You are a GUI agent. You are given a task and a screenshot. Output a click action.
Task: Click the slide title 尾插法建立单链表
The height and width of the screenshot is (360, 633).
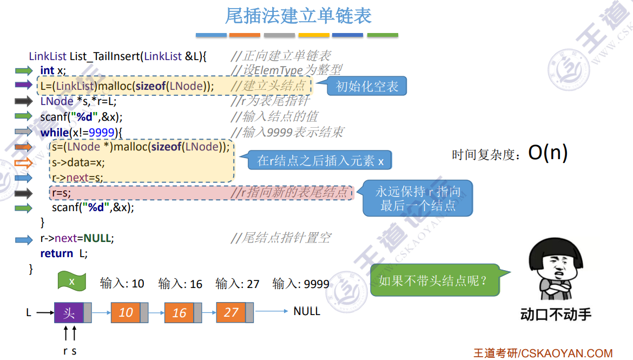(x=298, y=16)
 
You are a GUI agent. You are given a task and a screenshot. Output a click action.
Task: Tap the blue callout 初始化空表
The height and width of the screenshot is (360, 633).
(x=366, y=86)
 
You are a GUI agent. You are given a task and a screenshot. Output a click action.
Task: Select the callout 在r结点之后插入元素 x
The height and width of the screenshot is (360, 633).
(x=320, y=160)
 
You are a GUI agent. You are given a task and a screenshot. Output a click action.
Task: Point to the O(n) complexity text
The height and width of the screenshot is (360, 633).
(x=548, y=153)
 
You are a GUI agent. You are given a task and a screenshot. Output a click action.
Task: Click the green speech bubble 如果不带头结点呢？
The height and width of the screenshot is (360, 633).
(x=433, y=280)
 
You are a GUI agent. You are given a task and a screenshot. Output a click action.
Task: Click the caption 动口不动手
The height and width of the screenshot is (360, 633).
(x=556, y=315)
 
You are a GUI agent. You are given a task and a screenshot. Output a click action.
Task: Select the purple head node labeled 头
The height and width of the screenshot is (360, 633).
(x=69, y=312)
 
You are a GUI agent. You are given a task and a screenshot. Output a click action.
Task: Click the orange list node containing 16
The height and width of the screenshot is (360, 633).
(x=179, y=312)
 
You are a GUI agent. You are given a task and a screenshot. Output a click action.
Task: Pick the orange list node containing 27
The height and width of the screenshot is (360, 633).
(x=231, y=312)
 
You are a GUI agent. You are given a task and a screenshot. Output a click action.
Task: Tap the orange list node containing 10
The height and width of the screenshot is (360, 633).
(x=126, y=312)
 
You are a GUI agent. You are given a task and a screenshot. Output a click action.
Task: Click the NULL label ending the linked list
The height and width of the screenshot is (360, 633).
(x=307, y=311)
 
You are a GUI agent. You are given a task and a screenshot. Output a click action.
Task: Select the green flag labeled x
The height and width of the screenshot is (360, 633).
(x=72, y=282)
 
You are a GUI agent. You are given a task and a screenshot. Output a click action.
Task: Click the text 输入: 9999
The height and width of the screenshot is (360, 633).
(x=301, y=284)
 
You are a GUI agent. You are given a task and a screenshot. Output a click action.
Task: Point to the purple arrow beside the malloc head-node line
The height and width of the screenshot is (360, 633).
(x=23, y=85)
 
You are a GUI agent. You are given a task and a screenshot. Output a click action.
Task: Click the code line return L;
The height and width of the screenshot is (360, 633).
(x=64, y=253)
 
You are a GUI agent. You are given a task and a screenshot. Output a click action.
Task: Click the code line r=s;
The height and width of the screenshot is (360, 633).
(x=61, y=192)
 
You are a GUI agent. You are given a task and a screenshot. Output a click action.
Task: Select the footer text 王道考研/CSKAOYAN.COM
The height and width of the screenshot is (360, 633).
(x=543, y=353)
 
